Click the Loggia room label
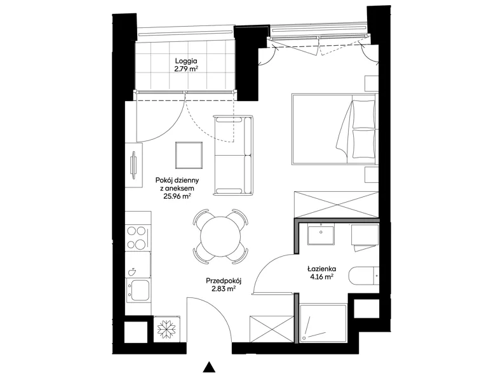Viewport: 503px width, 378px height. tap(185, 60)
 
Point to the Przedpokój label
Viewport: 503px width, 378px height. tap(224, 281)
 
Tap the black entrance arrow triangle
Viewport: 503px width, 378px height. tap(209, 367)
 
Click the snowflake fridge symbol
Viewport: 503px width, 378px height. tap(167, 329)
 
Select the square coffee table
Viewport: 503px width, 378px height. tap(189, 155)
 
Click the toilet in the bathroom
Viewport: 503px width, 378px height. tap(363, 275)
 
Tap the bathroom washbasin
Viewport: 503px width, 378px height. tap(321, 234)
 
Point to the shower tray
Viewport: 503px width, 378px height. tap(323, 323)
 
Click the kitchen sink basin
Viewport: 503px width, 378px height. tap(139, 290)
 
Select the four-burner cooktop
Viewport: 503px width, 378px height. tap(138, 238)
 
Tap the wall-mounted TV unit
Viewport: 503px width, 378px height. tap(134, 165)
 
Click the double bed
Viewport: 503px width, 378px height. tap(335, 129)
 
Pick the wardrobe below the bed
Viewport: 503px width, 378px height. tap(337, 204)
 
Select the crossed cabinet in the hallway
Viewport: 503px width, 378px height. tap(271, 329)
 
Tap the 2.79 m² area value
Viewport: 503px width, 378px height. tap(186, 69)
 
